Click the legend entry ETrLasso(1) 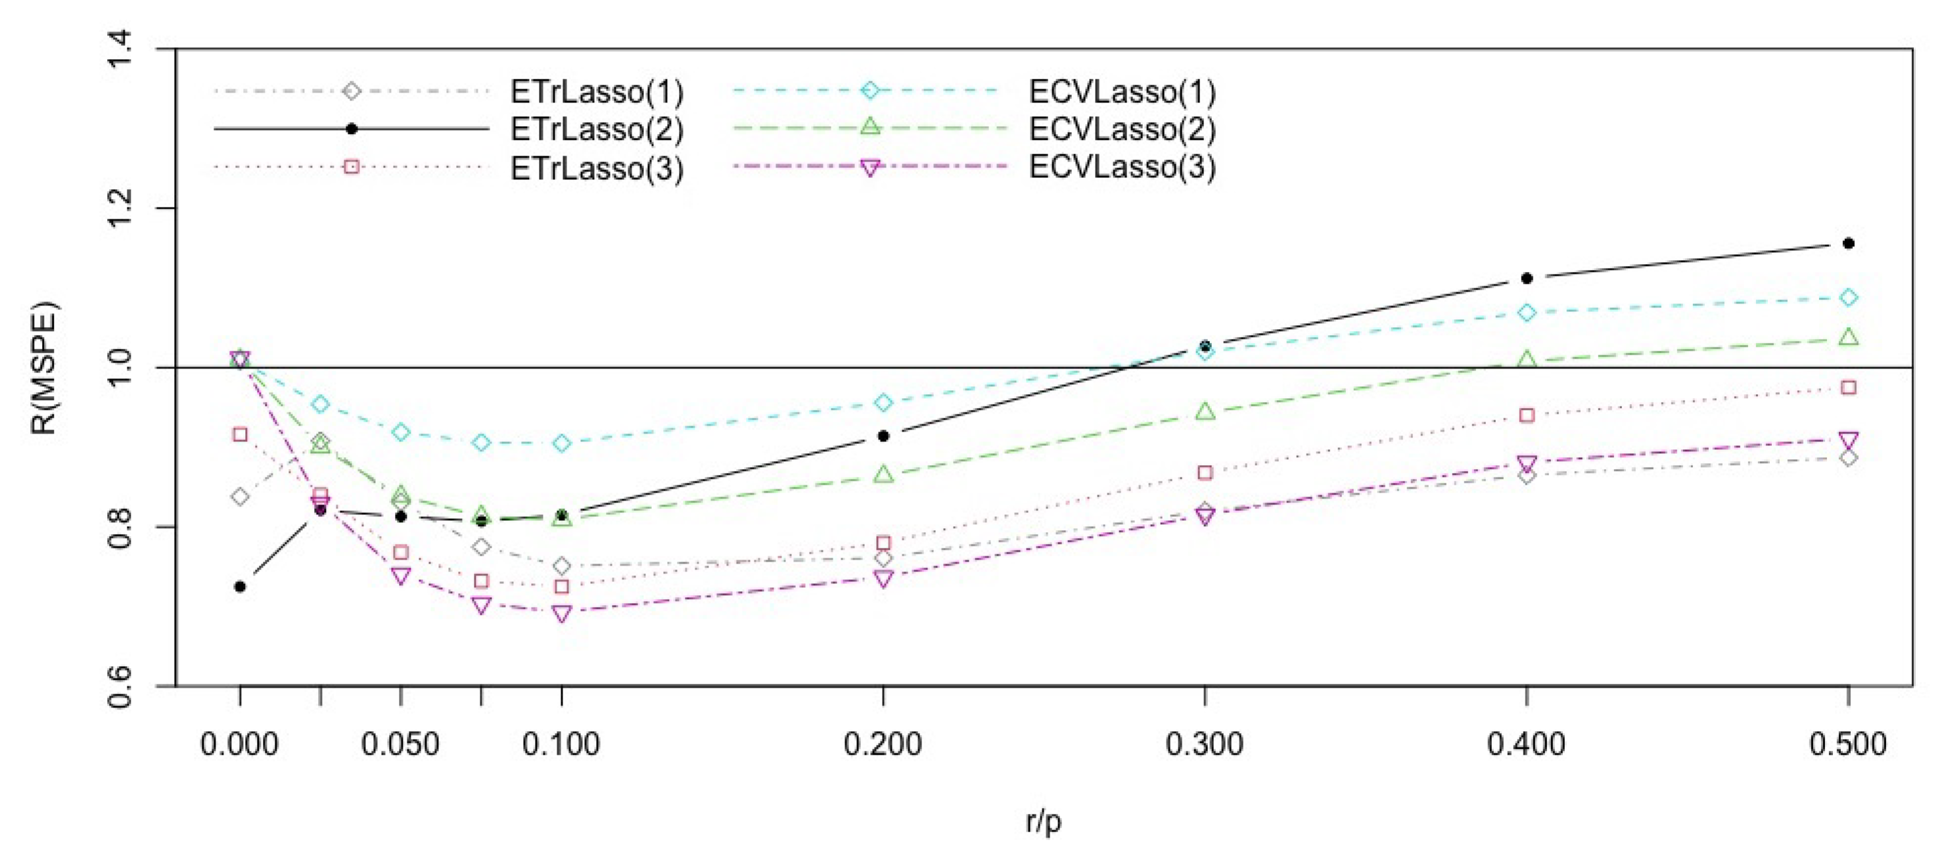coord(597,92)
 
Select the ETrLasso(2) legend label coord(597,129)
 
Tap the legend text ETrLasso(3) coord(597,168)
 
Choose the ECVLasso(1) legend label coord(1123,92)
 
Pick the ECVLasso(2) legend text coord(1123,129)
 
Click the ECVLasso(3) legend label coord(1123,167)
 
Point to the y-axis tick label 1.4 coord(121,49)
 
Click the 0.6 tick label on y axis coord(121,686)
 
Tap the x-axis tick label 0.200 coord(883,745)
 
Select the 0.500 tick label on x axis coord(1848,745)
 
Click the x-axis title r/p coord(1043,821)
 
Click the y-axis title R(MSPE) coord(44,368)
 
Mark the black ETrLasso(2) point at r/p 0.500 coord(1849,243)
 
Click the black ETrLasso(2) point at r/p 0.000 coord(241,586)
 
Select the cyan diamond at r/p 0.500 coord(1849,297)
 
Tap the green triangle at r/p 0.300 coord(1205,412)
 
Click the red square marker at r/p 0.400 coord(1527,415)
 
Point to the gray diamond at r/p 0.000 coord(241,496)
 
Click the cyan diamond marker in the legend coord(871,91)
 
